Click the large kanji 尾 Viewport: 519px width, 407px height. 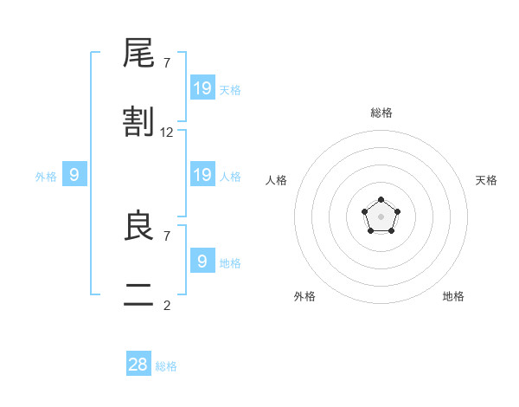pyautogui.click(x=138, y=53)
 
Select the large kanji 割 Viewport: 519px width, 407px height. pyautogui.click(x=138, y=121)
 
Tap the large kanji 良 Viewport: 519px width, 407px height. pyautogui.click(x=139, y=224)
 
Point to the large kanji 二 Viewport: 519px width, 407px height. pyautogui.click(x=138, y=294)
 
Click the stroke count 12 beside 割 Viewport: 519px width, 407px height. pyautogui.click(x=166, y=132)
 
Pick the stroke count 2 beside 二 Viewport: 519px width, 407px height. pyautogui.click(x=167, y=306)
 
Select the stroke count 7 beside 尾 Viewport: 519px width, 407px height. pyautogui.click(x=167, y=63)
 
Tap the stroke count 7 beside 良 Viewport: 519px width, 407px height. pyautogui.click(x=167, y=236)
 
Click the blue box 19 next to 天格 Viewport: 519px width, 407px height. pyautogui.click(x=202, y=87)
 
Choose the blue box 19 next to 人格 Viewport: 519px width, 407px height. pyautogui.click(x=202, y=174)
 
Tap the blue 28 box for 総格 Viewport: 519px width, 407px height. pyautogui.click(x=138, y=363)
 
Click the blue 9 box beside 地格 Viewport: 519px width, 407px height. pyautogui.click(x=202, y=260)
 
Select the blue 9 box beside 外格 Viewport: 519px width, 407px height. pyautogui.click(x=74, y=174)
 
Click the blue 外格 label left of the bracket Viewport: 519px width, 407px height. pyautogui.click(x=46, y=177)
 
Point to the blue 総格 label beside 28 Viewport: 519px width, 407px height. pyautogui.click(x=166, y=366)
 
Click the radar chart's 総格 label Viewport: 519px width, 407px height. pyautogui.click(x=381, y=113)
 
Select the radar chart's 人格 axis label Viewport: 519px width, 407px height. pyautogui.click(x=276, y=180)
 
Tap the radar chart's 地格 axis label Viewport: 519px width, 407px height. pyautogui.click(x=453, y=296)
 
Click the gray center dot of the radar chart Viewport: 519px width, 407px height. pyautogui.click(x=381, y=216)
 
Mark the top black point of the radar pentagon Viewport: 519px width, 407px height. pyautogui.click(x=381, y=199)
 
